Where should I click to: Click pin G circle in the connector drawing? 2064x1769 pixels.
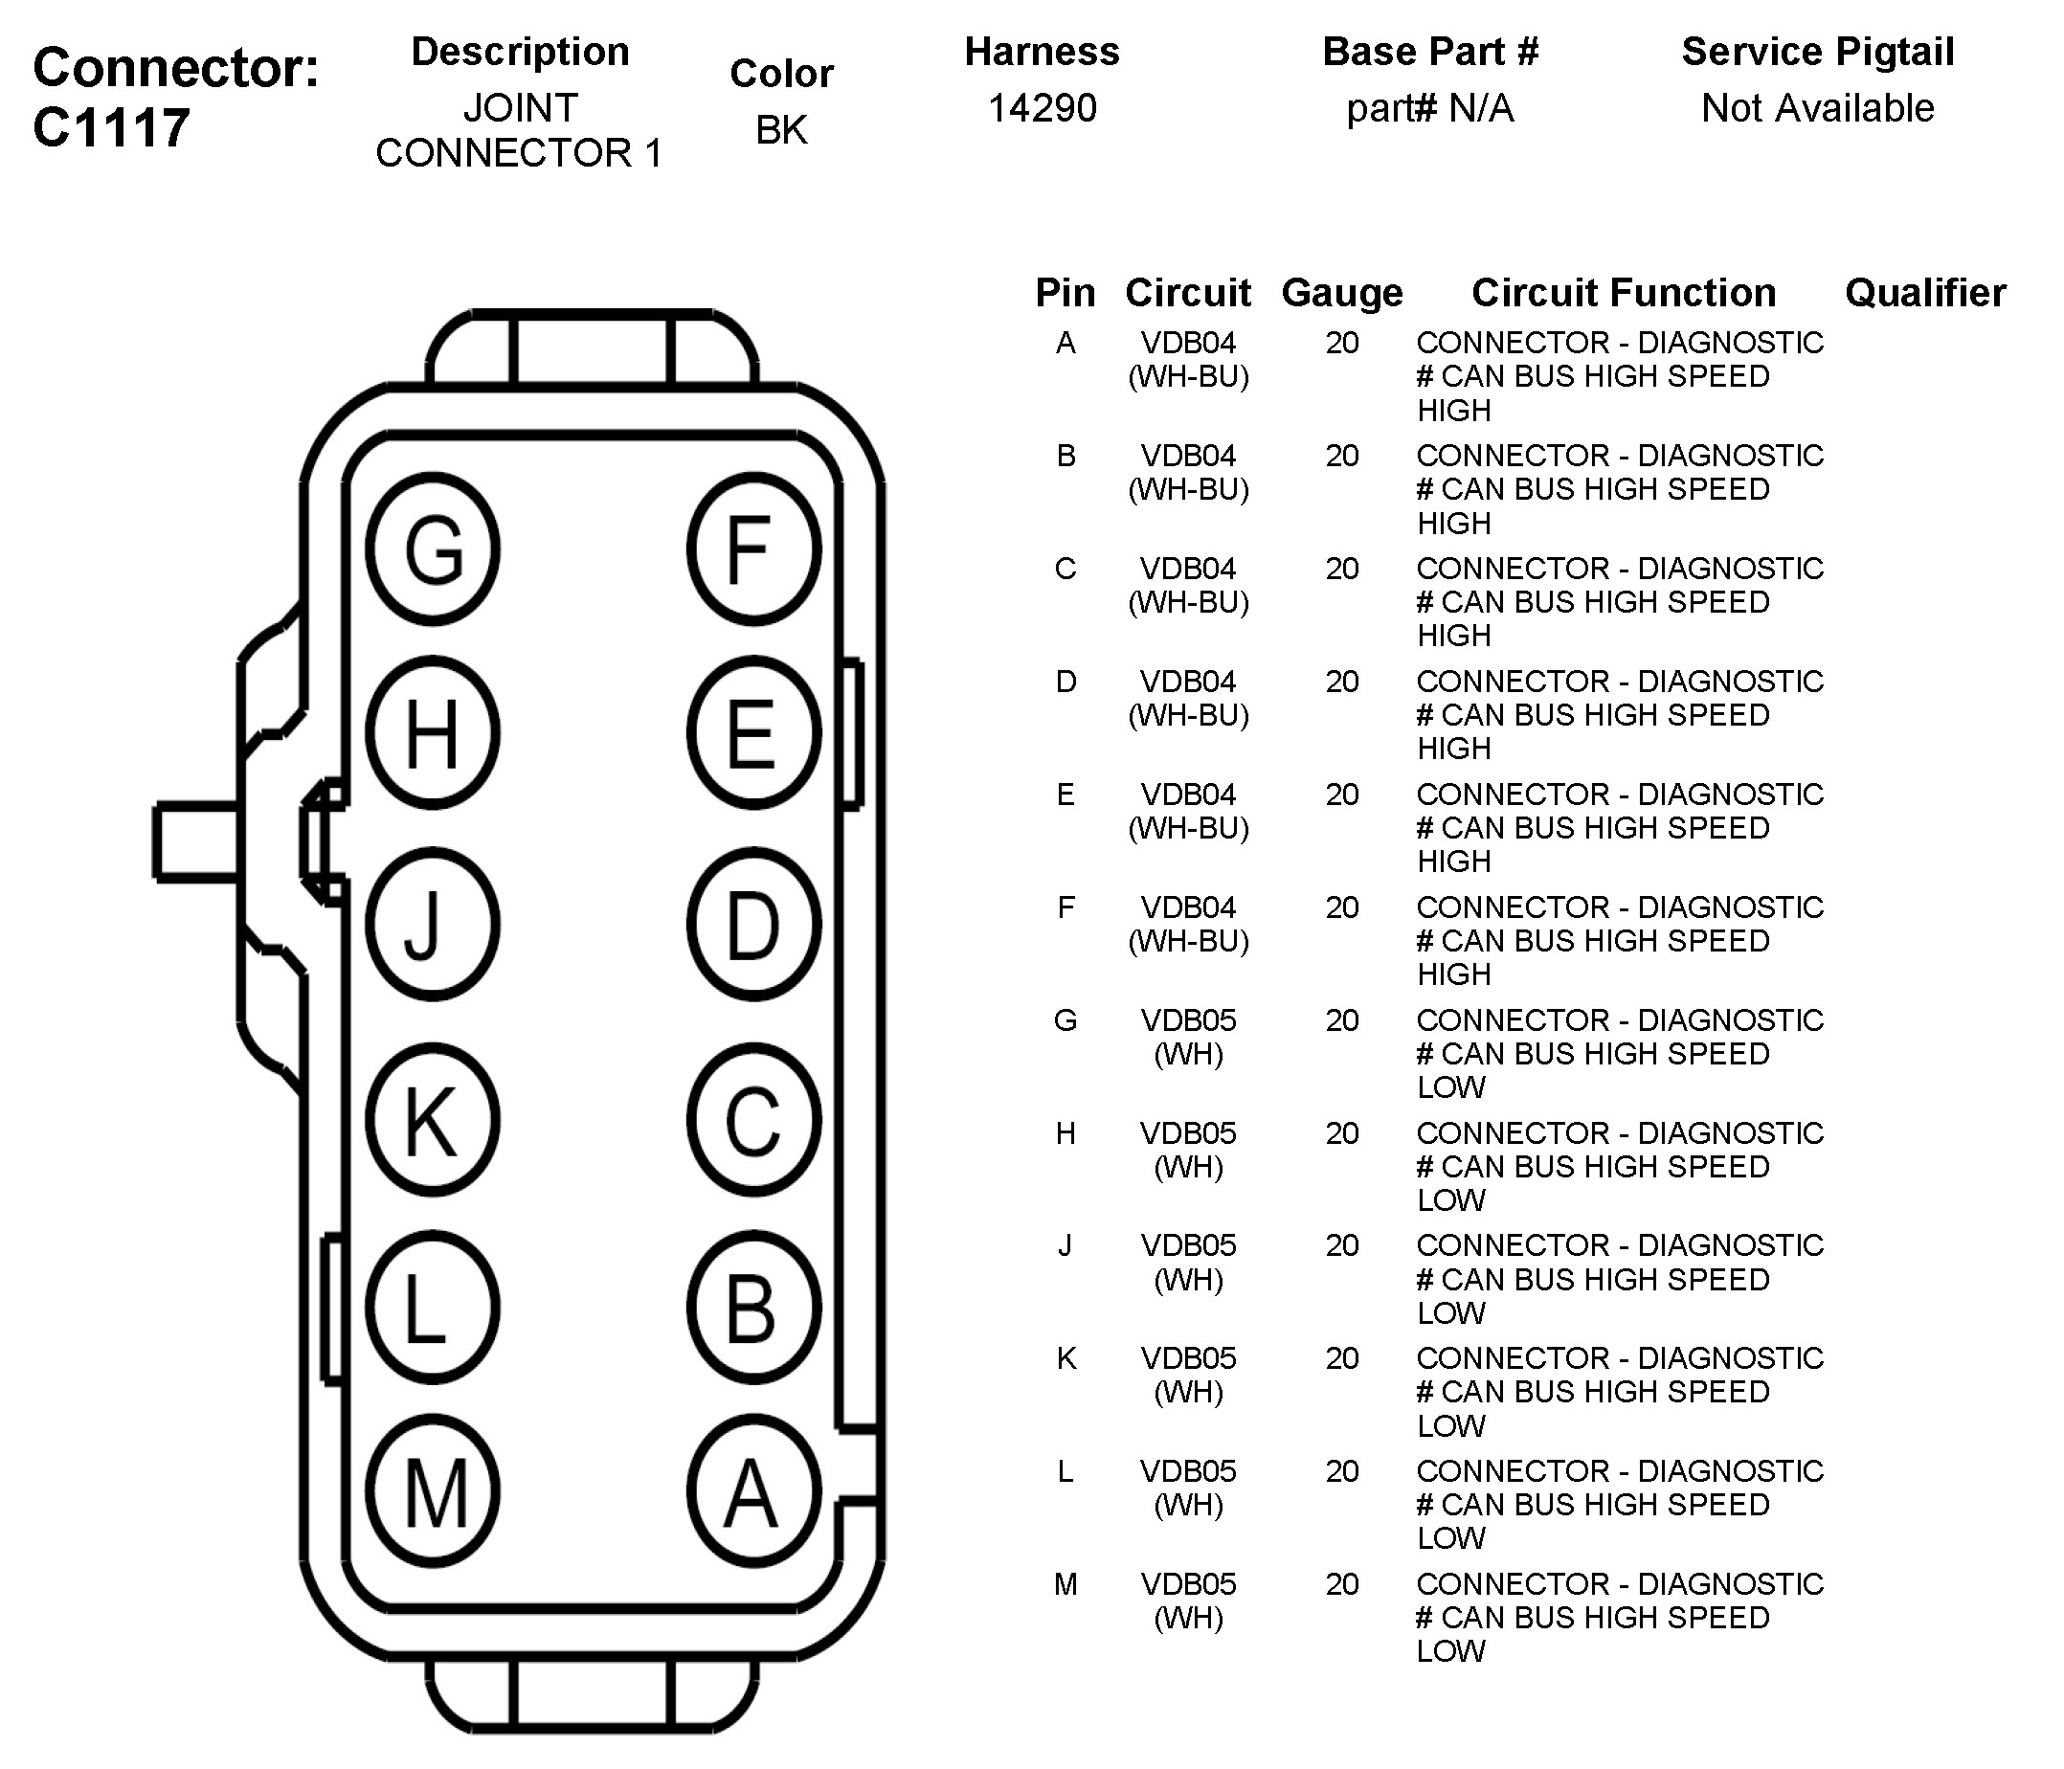[x=433, y=549]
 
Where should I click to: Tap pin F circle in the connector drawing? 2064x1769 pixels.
[x=754, y=549]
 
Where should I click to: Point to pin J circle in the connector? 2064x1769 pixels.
[x=433, y=925]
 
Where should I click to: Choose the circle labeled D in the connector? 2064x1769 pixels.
[x=754, y=925]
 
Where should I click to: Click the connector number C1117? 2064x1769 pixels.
[x=111, y=127]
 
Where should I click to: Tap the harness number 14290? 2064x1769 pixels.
[x=1042, y=107]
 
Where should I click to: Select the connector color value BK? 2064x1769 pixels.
[x=781, y=129]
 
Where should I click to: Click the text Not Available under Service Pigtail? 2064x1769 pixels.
[x=1817, y=107]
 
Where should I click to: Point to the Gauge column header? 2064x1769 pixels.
[x=1342, y=293]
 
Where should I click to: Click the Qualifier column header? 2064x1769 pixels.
[x=1924, y=293]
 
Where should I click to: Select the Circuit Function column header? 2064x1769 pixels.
[x=1624, y=293]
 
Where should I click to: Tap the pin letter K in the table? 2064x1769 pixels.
[x=1066, y=1358]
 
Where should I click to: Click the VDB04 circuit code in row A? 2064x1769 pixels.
[x=1188, y=343]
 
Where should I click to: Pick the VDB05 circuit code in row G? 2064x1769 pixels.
[x=1188, y=1020]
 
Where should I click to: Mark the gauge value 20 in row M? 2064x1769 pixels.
[x=1342, y=1583]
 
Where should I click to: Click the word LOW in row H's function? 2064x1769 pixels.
[x=1450, y=1200]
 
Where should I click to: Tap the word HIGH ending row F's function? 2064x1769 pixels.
[x=1453, y=974]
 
